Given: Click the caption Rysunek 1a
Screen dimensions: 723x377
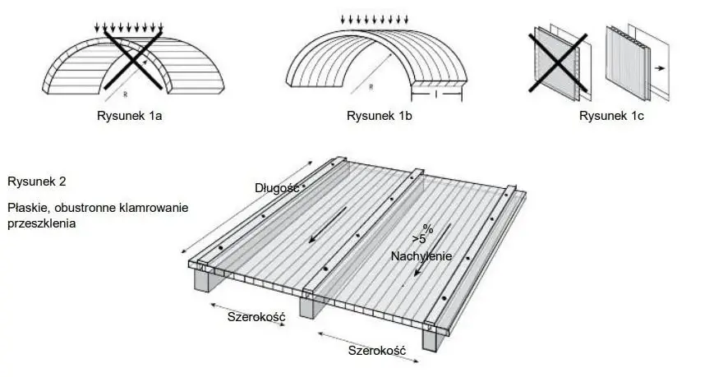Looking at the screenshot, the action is pos(129,116).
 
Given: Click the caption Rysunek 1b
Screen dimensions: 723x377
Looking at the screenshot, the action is pos(379,116).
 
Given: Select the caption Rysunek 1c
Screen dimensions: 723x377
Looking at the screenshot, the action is pos(611,116).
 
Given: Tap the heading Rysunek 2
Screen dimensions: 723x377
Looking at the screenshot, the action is pos(37,182).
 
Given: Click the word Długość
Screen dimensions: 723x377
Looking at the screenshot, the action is pos(277,188).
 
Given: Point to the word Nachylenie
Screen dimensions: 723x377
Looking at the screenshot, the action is pos(421,256).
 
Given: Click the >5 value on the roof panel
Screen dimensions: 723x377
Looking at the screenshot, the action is pos(419,239).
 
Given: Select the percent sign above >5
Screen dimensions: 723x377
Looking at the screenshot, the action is pos(428,229).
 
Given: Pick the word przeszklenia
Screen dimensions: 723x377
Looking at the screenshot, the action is pos(42,224).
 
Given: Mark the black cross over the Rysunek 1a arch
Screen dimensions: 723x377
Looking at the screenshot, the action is pos(134,60).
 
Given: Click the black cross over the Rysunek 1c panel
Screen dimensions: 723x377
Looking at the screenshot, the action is pos(558,62).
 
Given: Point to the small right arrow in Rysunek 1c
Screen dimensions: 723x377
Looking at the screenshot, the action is pos(660,68).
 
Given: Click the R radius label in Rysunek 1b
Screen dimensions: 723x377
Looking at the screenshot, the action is pos(371,88).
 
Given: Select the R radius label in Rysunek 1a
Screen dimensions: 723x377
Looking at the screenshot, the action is pos(125,94).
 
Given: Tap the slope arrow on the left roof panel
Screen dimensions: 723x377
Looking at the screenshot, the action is pos(328,224).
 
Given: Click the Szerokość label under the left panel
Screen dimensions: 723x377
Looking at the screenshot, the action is pos(256,317).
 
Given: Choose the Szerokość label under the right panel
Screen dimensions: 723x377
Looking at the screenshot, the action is pos(377,351).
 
